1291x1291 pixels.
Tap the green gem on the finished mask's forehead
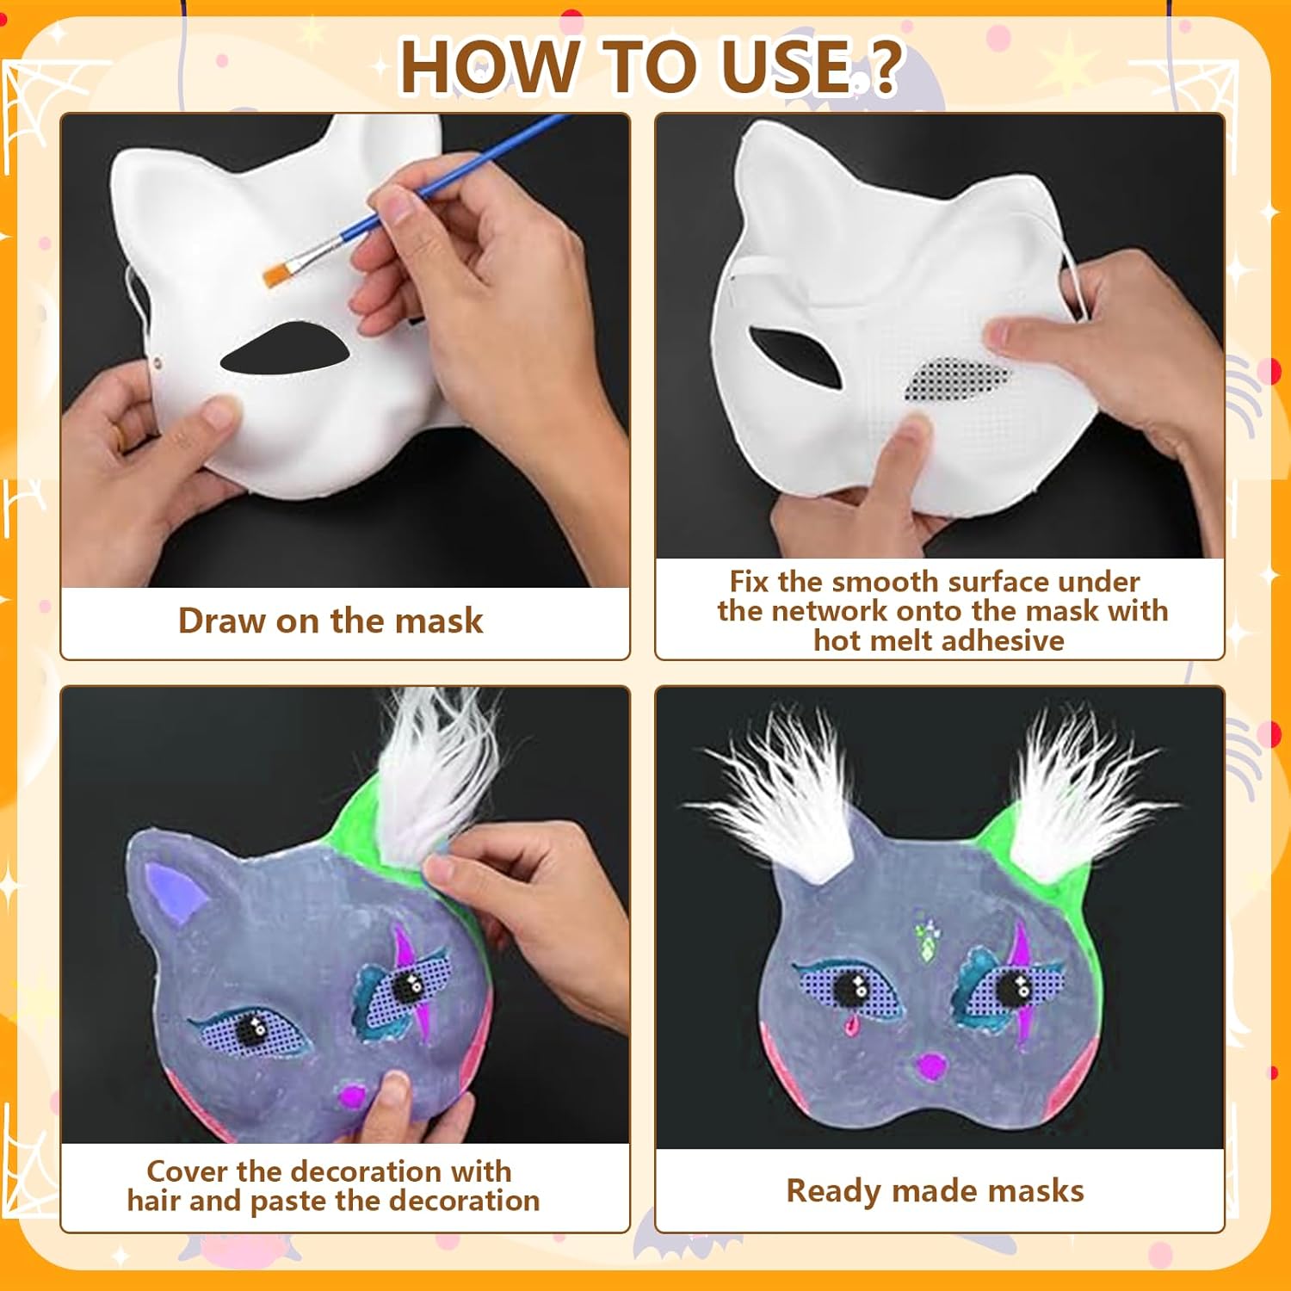click(x=928, y=948)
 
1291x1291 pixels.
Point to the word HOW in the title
click(x=490, y=66)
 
